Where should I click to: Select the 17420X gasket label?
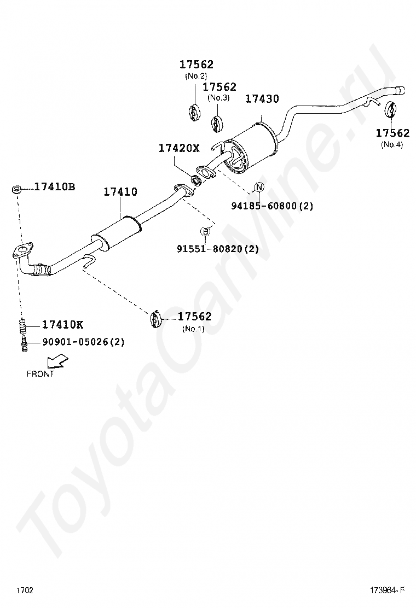point(180,148)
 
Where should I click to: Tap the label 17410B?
point(55,187)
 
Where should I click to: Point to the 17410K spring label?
point(63,325)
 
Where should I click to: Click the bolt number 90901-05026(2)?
point(84,342)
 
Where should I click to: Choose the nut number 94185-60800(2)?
point(272,206)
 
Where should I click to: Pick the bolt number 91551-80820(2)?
point(217,249)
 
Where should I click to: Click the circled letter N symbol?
point(259,188)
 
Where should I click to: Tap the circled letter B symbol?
point(205,231)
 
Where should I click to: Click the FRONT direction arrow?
point(56,361)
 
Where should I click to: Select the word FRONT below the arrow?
point(41,374)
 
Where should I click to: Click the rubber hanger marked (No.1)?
point(155,319)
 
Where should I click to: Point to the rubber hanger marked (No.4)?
point(391,109)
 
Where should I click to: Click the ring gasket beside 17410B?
point(17,190)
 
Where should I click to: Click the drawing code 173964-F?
point(387,591)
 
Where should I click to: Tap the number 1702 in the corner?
point(25,591)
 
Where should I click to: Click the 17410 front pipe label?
point(120,192)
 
